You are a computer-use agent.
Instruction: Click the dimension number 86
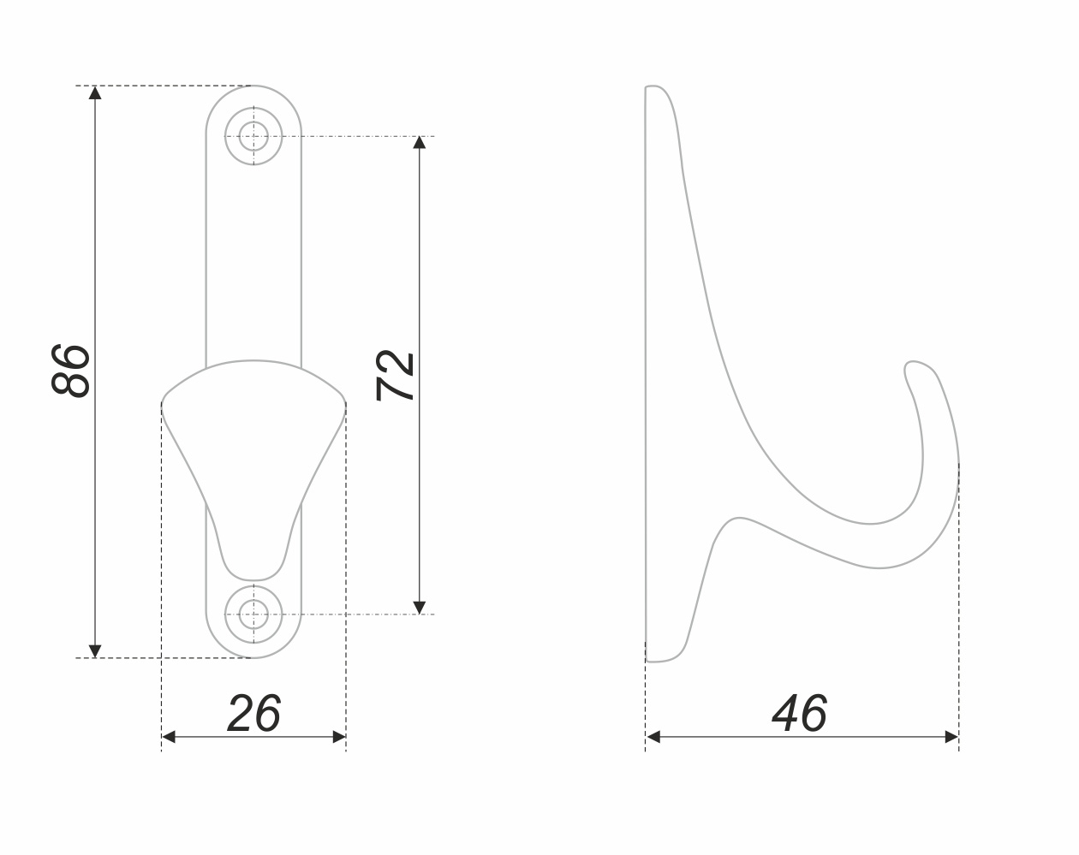(71, 371)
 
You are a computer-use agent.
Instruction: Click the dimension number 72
(395, 376)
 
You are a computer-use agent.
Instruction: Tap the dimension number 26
(253, 714)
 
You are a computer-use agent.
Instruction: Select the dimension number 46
(799, 714)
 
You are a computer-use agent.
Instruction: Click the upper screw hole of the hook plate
(253, 136)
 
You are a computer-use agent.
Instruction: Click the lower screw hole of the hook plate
(253, 614)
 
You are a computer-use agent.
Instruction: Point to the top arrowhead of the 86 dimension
(95, 92)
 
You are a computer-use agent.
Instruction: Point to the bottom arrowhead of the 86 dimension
(95, 651)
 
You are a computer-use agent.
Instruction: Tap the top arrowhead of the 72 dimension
(420, 142)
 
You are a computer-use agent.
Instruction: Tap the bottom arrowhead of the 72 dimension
(420, 608)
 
